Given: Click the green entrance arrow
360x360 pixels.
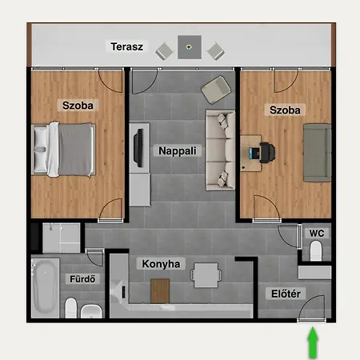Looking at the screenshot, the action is click(x=313, y=342).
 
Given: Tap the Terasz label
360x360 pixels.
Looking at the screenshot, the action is click(x=127, y=46).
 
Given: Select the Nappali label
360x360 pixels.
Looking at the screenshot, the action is click(x=178, y=150).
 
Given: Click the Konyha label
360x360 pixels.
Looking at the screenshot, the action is click(x=161, y=264).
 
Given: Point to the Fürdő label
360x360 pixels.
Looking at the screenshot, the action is click(x=82, y=279).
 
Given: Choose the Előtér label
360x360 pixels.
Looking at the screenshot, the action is click(x=286, y=294).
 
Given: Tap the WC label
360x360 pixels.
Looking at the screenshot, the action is click(x=317, y=234).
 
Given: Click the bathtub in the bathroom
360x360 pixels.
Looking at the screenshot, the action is click(x=45, y=288).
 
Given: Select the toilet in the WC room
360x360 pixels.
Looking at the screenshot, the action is click(x=316, y=250).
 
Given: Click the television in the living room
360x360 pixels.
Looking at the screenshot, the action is click(x=139, y=148).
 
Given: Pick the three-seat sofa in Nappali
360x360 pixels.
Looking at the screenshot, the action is click(x=220, y=150).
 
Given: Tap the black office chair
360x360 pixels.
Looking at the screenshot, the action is click(x=267, y=153).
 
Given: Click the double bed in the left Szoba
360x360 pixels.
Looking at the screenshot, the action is click(x=63, y=150).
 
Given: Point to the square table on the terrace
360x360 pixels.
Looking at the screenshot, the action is click(x=190, y=47).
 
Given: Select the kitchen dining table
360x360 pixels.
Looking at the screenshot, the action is click(x=206, y=275).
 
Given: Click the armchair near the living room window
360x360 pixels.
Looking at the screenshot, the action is click(x=216, y=90).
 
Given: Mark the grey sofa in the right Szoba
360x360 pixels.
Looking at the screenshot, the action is click(x=317, y=153).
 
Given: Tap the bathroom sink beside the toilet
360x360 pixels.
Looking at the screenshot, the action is click(x=91, y=311).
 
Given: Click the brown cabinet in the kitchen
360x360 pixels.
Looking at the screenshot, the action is click(x=160, y=291).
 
